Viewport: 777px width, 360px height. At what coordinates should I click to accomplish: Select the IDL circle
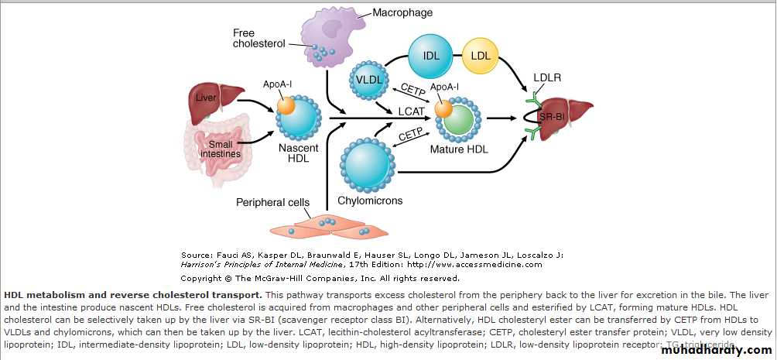point(431,55)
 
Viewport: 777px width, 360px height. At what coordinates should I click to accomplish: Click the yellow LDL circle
point(481,55)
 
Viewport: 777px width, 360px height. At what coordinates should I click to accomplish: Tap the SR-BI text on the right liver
point(563,116)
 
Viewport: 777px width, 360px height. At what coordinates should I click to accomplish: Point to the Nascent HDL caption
point(298,153)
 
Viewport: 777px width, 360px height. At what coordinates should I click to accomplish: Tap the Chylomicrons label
point(370,201)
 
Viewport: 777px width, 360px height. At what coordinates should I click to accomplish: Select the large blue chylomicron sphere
point(369,163)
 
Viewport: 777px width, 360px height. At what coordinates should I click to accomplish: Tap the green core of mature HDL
point(461,120)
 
